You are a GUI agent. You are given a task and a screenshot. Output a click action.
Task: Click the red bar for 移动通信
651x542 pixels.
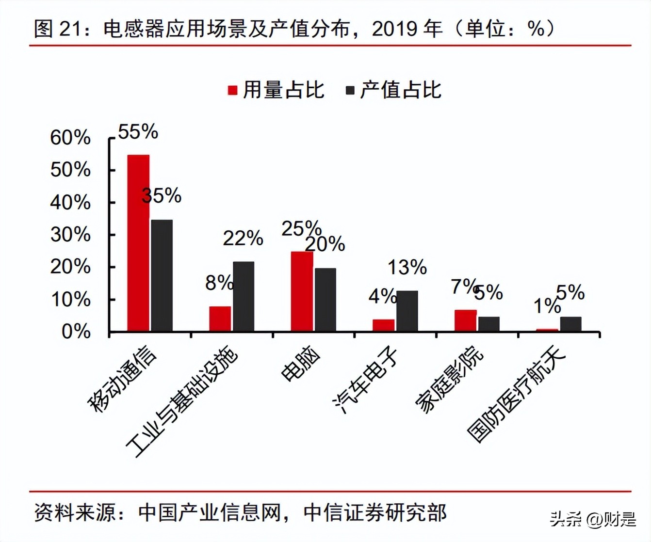[x=138, y=243]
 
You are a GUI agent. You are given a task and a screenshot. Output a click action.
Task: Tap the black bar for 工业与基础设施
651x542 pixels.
[x=244, y=296]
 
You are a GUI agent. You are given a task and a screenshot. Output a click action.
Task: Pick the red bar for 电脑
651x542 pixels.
[x=302, y=291]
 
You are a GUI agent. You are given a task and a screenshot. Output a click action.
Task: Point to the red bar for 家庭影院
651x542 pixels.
[x=465, y=320]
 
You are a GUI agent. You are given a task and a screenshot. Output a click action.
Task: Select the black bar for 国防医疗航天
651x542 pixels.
[x=570, y=324]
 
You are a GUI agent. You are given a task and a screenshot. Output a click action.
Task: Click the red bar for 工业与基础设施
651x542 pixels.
[x=220, y=319]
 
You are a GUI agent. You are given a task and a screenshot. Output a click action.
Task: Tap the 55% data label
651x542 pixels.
[x=138, y=132]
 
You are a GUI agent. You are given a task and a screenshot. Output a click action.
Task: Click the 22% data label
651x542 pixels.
[x=243, y=238]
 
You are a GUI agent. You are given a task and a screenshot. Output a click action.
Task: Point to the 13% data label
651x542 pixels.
[x=407, y=267]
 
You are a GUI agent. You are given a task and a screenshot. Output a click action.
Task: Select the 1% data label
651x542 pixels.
[x=547, y=306]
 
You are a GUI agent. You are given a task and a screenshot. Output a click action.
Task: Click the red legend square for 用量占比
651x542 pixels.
[x=233, y=91]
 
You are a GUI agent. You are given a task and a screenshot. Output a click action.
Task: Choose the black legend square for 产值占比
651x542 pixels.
[x=350, y=91]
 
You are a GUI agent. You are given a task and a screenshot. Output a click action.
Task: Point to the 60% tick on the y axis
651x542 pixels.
[x=70, y=138]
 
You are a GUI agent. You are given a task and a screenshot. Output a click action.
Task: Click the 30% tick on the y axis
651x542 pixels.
[x=70, y=235]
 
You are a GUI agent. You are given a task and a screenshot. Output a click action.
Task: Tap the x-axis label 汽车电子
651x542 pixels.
[x=366, y=381]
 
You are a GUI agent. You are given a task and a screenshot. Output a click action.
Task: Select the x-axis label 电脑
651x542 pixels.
[x=301, y=365]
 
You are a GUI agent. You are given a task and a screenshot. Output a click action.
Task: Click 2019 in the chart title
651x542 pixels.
[x=393, y=30]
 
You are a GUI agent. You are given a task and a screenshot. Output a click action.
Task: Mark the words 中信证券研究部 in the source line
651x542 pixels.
[x=374, y=513]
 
